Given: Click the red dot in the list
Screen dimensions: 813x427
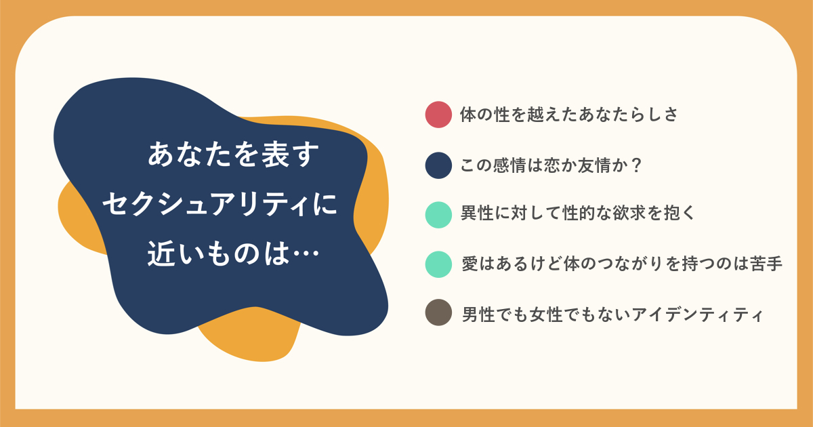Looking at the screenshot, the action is (x=438, y=115).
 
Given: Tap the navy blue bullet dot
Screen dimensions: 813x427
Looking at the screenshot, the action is (x=438, y=165).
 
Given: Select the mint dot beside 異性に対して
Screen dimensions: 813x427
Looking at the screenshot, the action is (x=438, y=215).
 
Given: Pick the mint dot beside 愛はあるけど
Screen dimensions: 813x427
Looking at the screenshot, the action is (x=438, y=264).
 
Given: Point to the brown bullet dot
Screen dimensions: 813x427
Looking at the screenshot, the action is (x=438, y=312).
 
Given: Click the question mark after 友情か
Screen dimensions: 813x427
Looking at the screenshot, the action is (x=635, y=165).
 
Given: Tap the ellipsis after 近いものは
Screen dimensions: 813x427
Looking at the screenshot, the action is (x=306, y=253).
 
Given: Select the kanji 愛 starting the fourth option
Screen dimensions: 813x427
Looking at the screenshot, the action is (x=470, y=264).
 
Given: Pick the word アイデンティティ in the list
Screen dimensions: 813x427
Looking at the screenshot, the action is (x=697, y=314).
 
